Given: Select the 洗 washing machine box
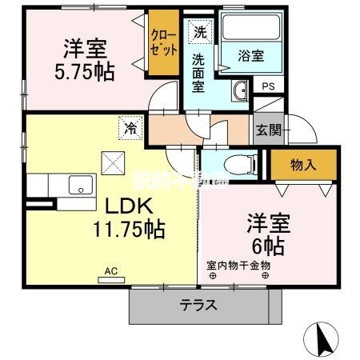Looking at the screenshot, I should [x=198, y=31].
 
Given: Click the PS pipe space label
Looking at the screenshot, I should [x=267, y=85].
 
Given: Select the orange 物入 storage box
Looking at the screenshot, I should [x=302, y=166].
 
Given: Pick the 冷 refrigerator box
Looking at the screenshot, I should [x=129, y=126].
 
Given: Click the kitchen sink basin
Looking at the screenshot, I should [x=82, y=186].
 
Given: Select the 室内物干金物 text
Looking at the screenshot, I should [x=238, y=265].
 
